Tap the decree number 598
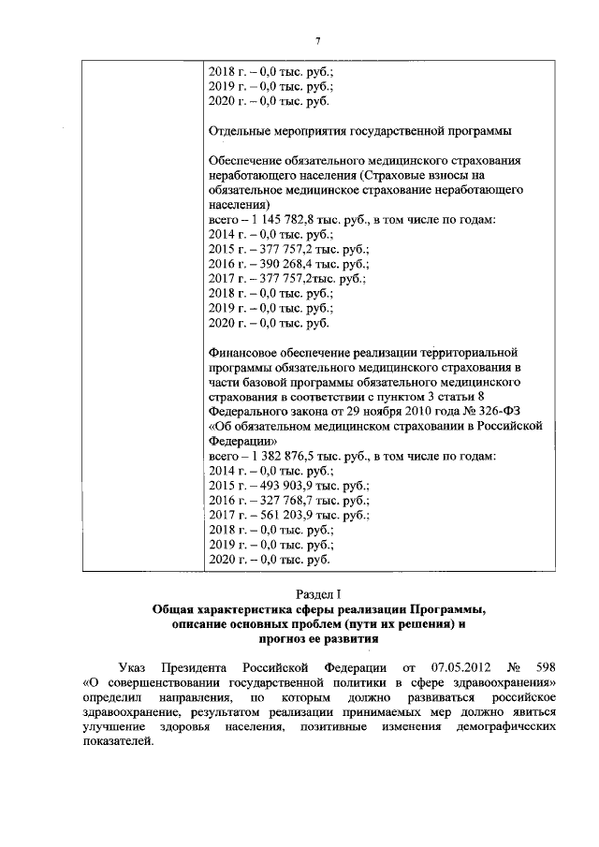[547, 667]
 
